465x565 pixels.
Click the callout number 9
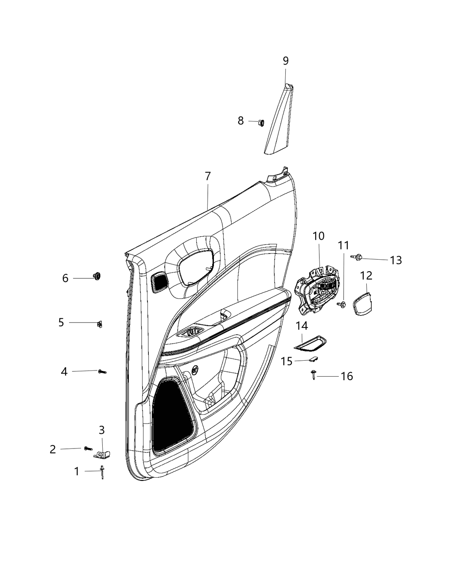pyautogui.click(x=286, y=61)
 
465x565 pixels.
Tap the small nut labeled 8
pyautogui.click(x=261, y=122)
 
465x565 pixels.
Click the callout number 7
pyautogui.click(x=208, y=176)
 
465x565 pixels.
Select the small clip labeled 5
pyautogui.click(x=99, y=324)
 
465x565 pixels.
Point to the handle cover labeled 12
pyautogui.click(x=362, y=303)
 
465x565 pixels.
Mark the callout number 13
pyautogui.click(x=395, y=260)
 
